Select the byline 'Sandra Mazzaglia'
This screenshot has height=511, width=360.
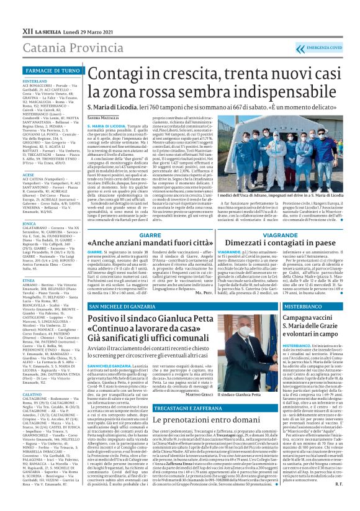(102, 117)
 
